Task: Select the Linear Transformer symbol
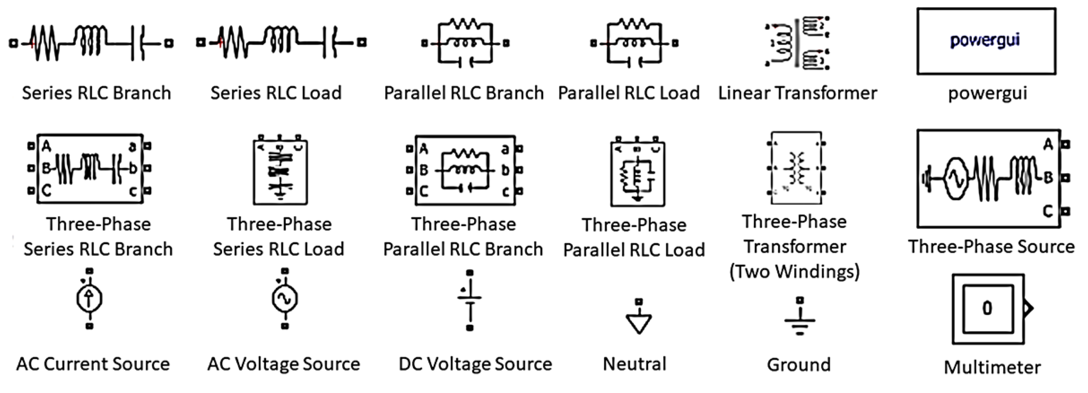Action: [x=797, y=42]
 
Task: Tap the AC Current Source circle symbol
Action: [x=89, y=299]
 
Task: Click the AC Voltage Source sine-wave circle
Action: [x=285, y=299]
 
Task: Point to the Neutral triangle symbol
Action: [x=638, y=323]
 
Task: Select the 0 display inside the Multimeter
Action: [x=988, y=309]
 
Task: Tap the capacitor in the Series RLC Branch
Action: [x=138, y=43]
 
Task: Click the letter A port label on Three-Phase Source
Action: [x=1048, y=145]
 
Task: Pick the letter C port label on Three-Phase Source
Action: [x=1048, y=210]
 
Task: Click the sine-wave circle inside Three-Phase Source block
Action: [x=956, y=179]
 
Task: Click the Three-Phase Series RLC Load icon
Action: [x=280, y=170]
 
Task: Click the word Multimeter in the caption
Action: [x=992, y=367]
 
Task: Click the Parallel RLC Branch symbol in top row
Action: [x=466, y=42]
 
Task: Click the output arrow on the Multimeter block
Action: [x=1028, y=308]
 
